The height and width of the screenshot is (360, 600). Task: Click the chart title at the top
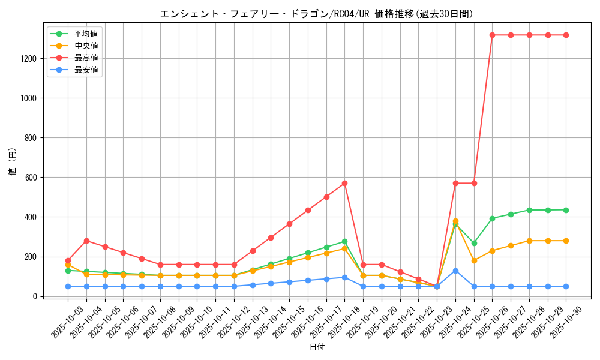(x=316, y=14)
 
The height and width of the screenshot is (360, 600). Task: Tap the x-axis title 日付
(x=317, y=347)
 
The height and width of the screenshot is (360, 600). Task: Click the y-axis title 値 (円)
(x=13, y=161)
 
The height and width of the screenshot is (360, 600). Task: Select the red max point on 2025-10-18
(x=344, y=183)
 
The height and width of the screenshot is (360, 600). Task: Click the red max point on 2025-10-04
(x=86, y=241)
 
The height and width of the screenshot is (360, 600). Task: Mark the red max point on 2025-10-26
(x=492, y=35)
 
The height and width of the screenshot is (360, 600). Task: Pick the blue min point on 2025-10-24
(x=455, y=271)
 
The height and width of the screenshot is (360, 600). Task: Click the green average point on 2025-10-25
(x=474, y=243)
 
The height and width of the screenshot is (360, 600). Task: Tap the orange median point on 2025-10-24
(x=455, y=221)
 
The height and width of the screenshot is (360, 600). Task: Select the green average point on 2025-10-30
(x=566, y=210)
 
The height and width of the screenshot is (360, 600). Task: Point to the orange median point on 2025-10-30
(x=566, y=241)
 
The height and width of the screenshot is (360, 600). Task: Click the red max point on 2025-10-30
(x=566, y=35)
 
